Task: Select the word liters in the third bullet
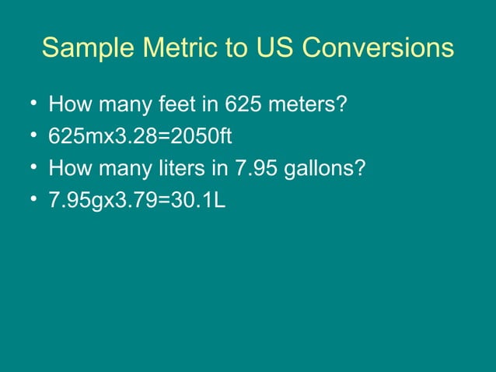[x=183, y=169]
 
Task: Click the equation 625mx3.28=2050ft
[x=140, y=136]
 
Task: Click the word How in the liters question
[x=68, y=169]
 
